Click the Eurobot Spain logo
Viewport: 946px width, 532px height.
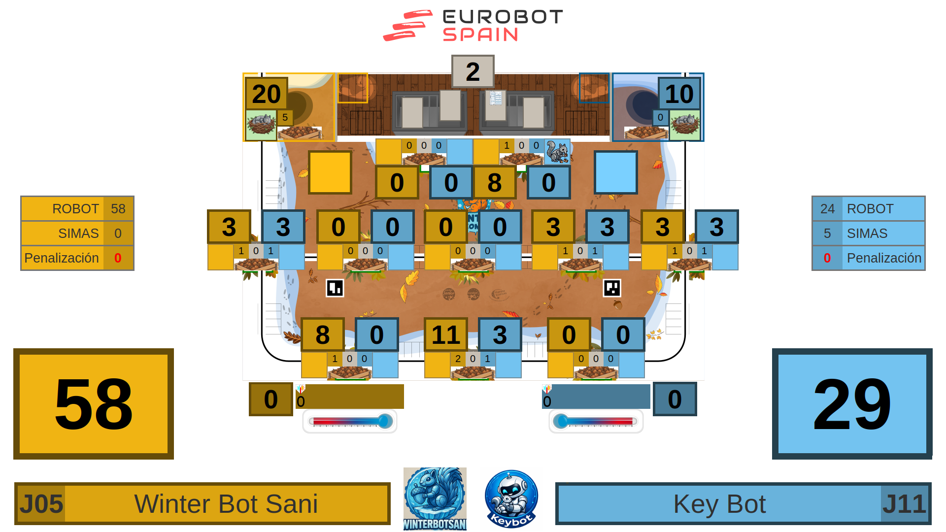[473, 26]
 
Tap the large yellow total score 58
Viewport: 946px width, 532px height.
[94, 404]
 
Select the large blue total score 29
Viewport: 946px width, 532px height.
[852, 404]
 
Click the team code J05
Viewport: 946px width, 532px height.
[41, 504]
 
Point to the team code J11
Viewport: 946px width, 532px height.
[904, 504]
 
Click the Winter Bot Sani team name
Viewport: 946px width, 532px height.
[226, 504]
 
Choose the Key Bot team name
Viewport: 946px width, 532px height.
[719, 504]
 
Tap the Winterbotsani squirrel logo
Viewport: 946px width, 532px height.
[435, 499]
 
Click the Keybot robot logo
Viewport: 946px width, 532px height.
[511, 499]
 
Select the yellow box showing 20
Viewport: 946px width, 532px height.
[266, 94]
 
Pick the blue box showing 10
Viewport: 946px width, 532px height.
[679, 94]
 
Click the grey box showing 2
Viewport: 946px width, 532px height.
[473, 71]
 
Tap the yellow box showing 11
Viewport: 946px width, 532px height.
[445, 335]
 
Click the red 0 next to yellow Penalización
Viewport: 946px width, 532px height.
[118, 258]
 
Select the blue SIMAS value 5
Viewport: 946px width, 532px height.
[827, 233]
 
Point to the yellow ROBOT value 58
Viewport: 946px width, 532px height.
[118, 209]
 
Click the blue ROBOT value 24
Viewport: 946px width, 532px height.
[827, 209]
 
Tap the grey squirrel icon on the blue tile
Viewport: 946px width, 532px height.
[557, 152]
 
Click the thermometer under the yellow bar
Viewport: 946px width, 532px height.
[350, 421]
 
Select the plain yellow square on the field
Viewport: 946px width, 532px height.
[330, 172]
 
